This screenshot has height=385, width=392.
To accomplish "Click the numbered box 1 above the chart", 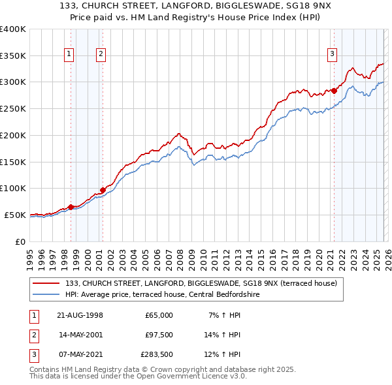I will pyautogui.click(x=69, y=54).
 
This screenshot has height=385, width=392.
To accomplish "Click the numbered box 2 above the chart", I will pyautogui.click(x=101, y=54).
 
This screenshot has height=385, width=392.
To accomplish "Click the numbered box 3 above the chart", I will pyautogui.click(x=332, y=54).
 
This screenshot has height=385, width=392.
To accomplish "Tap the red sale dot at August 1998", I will pyautogui.click(x=71, y=207).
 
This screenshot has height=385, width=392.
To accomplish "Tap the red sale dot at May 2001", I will pyautogui.click(x=103, y=190).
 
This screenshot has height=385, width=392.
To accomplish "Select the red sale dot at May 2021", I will pyautogui.click(x=334, y=90).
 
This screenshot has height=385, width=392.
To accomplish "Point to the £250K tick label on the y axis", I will pyautogui.click(x=12, y=109).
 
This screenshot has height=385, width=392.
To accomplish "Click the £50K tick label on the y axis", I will pyautogui.click(x=15, y=215).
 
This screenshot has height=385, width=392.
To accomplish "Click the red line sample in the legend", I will pyautogui.click(x=46, y=283).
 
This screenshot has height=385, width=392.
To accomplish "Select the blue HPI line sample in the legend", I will pyautogui.click(x=46, y=295).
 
